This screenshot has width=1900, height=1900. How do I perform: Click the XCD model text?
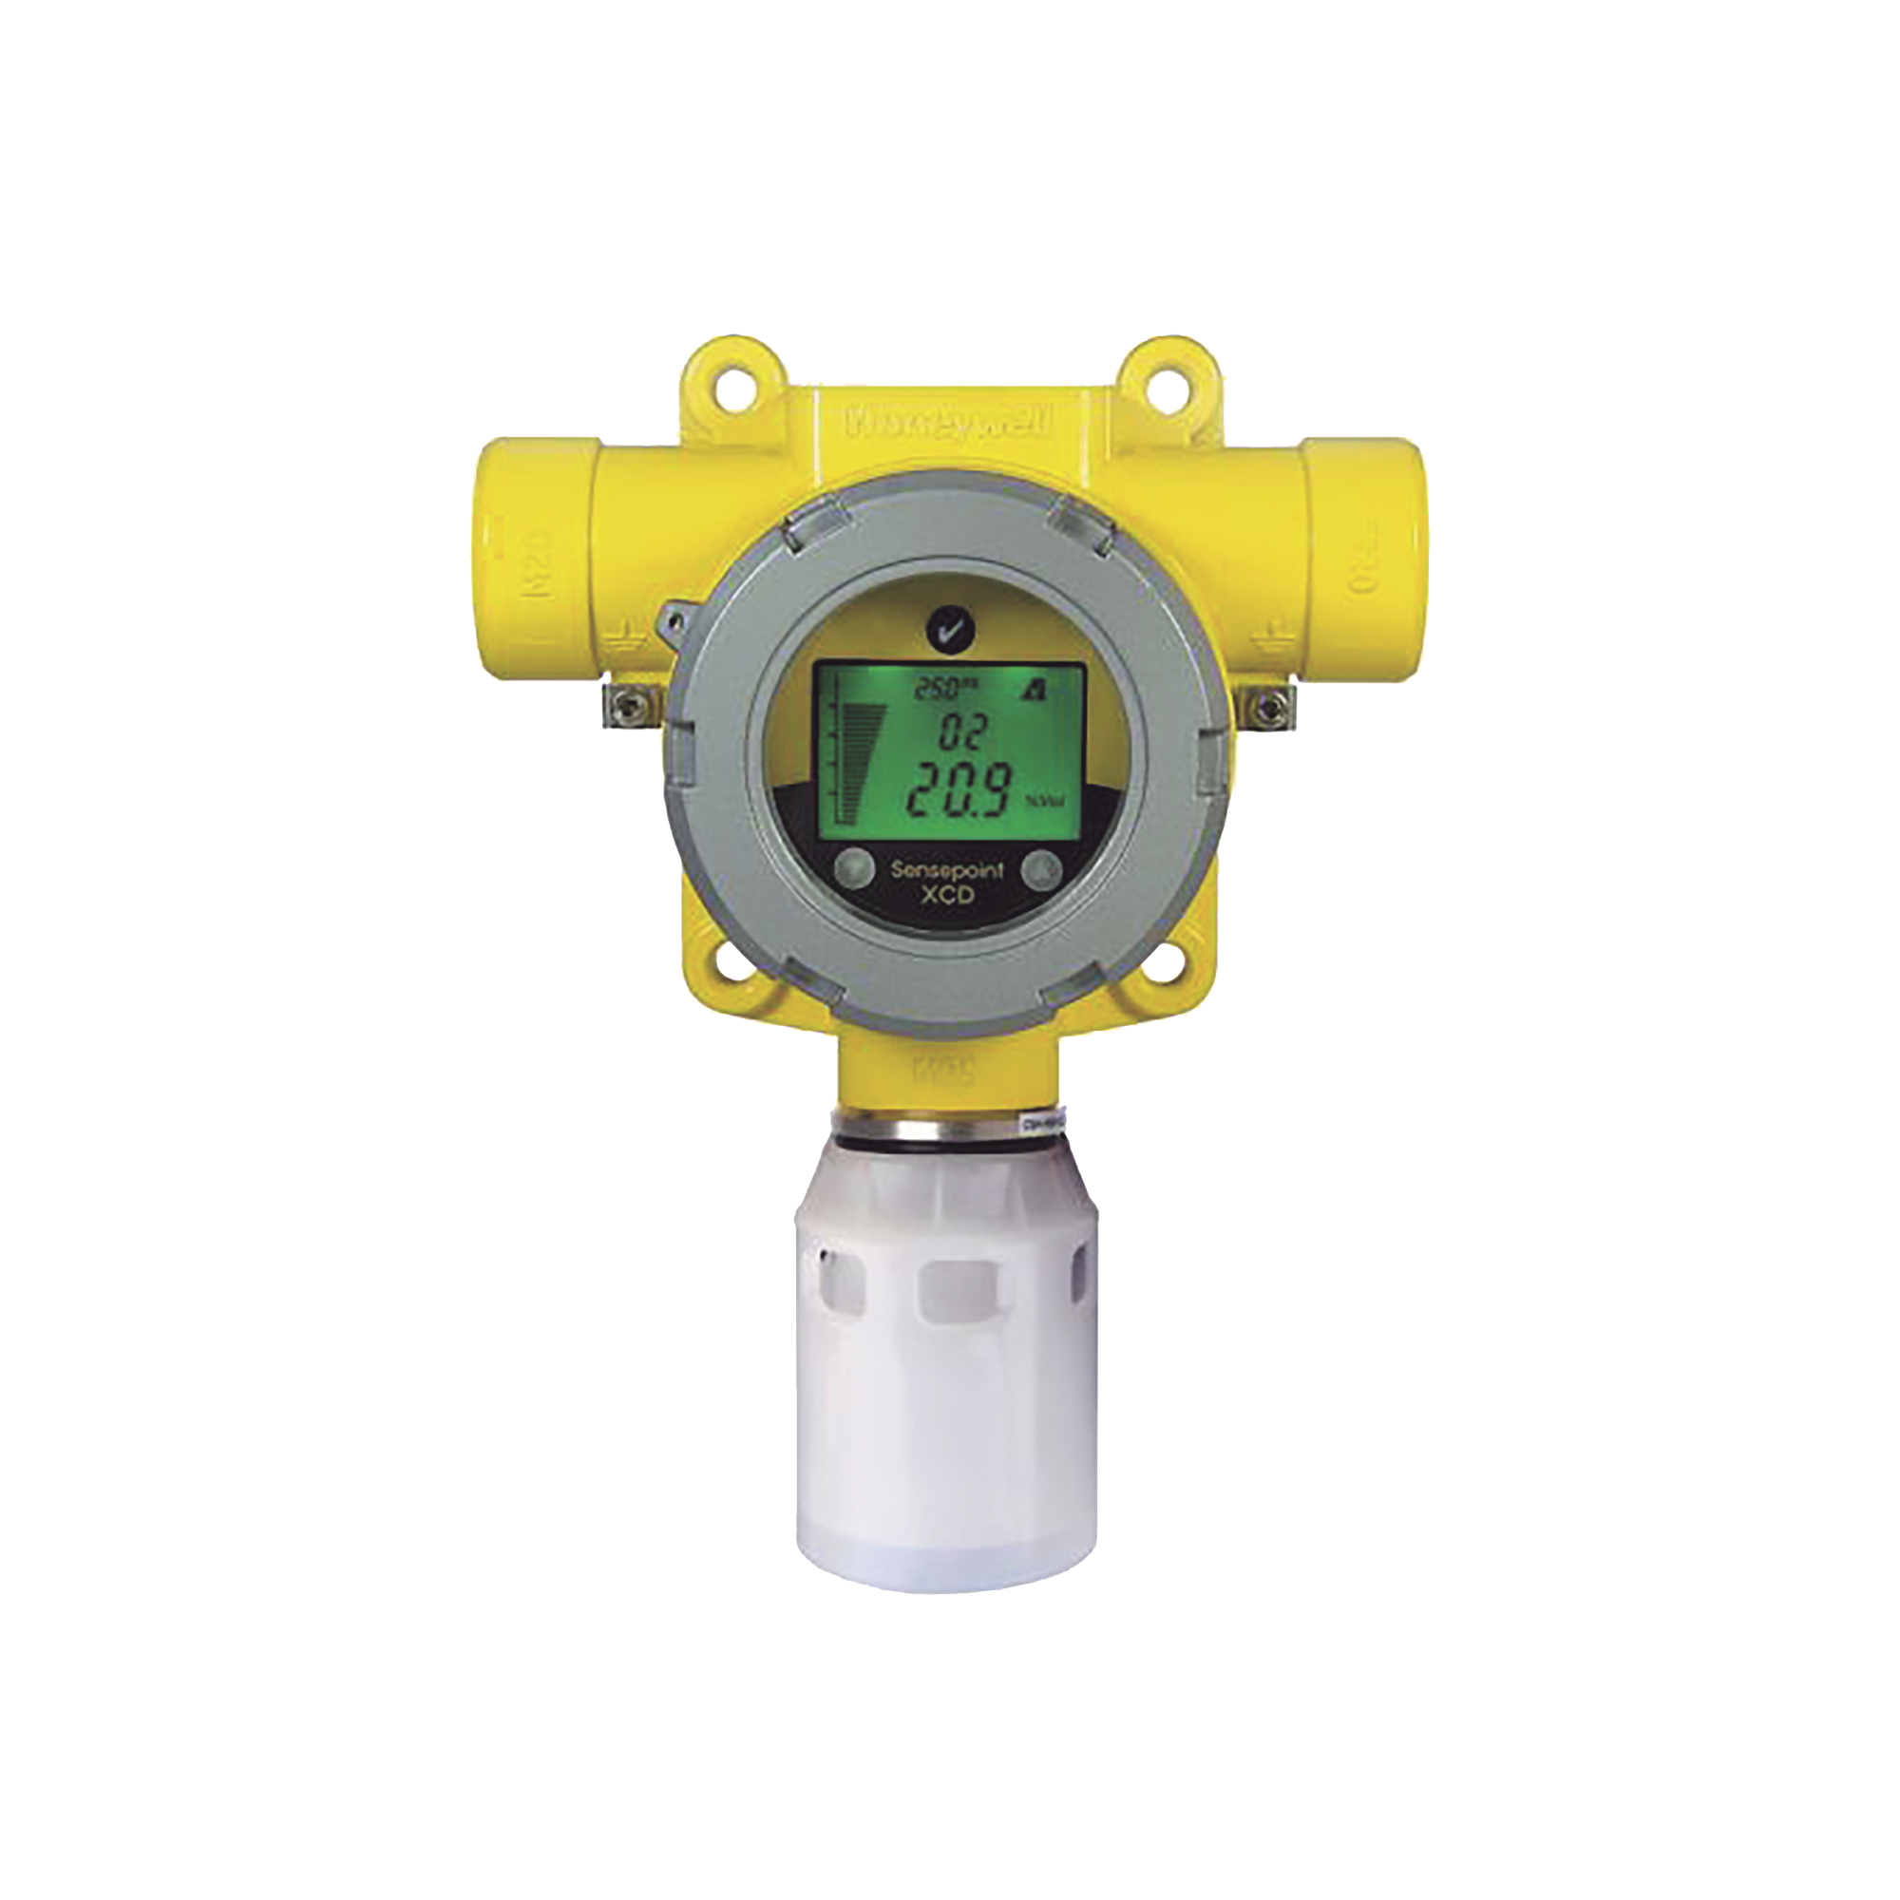pyautogui.click(x=950, y=893)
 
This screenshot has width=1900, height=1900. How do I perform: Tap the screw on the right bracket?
pyautogui.click(x=1274, y=705)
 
